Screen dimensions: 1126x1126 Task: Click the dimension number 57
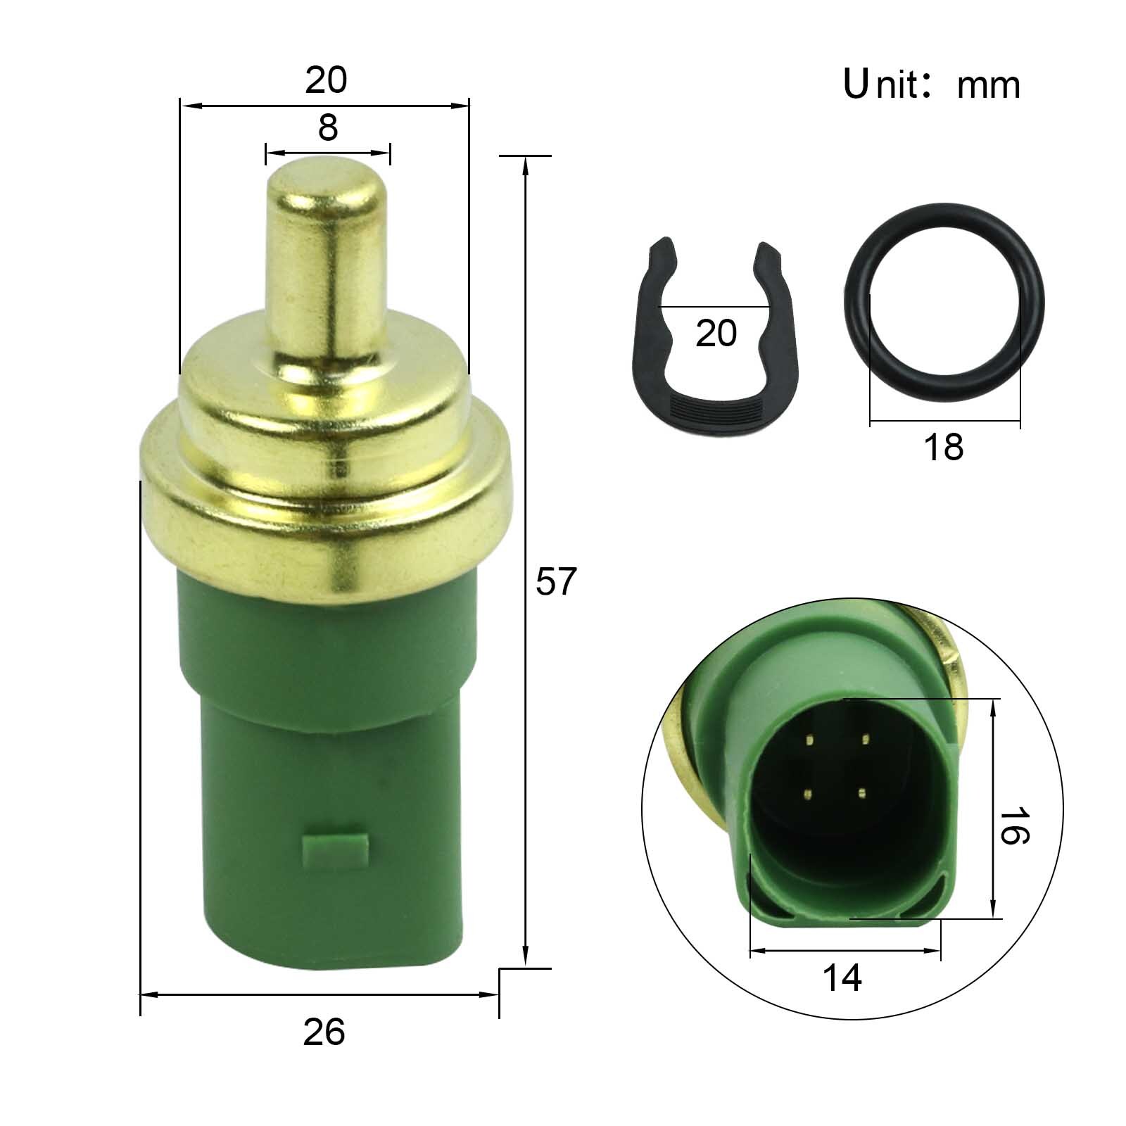coord(556,582)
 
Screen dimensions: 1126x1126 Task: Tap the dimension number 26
coord(324,1032)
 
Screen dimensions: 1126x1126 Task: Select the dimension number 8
coord(328,128)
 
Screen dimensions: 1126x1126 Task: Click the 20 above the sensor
coord(326,80)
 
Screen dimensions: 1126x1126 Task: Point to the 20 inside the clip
coord(716,333)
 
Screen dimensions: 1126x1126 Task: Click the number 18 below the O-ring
coord(943,446)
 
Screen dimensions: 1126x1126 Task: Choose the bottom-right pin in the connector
coord(860,792)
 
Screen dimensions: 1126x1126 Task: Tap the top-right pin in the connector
coord(865,739)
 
